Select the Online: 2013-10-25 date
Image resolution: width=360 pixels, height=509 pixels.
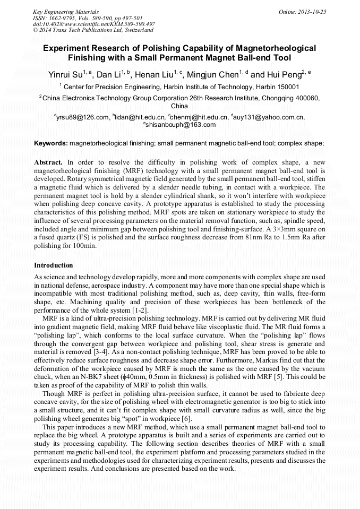303,11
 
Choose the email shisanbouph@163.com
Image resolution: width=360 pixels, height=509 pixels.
180,125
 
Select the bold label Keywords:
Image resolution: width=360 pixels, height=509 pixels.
51,143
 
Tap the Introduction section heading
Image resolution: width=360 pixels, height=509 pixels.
54,265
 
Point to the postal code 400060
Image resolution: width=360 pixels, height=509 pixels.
304,98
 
